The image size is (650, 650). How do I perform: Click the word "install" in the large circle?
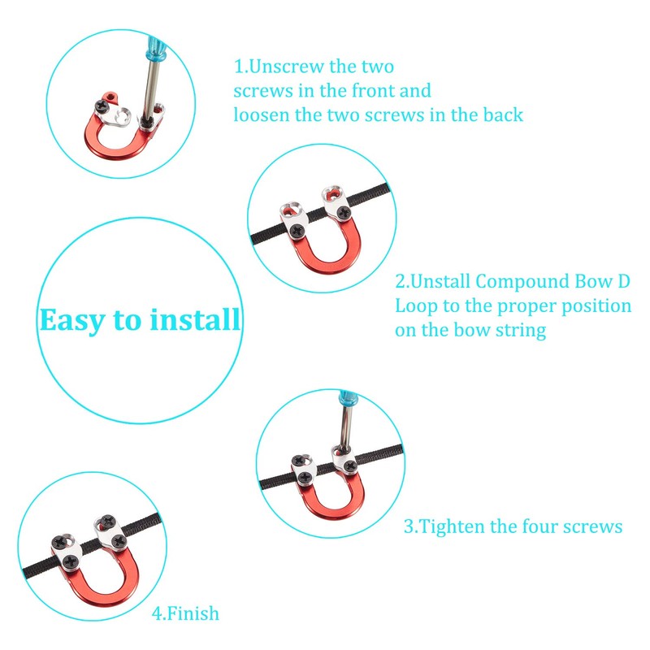point(195,320)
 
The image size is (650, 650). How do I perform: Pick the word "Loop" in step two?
point(416,306)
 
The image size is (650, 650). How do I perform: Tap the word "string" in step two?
point(518,331)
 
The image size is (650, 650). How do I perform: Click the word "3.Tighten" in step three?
point(444,526)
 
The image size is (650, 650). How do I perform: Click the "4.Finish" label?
point(185,613)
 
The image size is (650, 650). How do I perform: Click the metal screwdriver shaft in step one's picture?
point(151,89)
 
